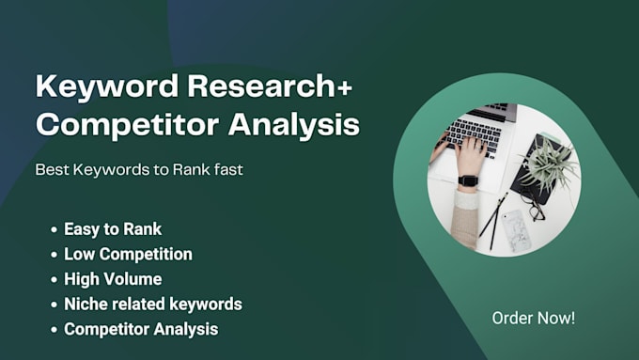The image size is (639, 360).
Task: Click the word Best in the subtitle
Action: (x=53, y=172)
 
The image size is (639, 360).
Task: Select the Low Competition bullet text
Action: (x=128, y=254)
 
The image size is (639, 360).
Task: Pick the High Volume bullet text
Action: (x=113, y=279)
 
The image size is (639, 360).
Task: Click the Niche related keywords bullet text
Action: (x=153, y=305)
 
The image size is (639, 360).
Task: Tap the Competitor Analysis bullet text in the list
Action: (x=141, y=330)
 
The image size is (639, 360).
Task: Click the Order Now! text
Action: (x=534, y=318)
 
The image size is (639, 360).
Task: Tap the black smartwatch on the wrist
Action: (x=468, y=179)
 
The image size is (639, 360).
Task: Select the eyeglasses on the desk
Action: (x=533, y=209)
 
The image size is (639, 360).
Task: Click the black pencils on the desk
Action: (x=493, y=218)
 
